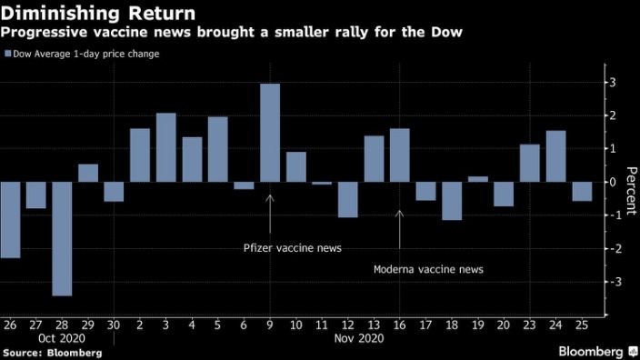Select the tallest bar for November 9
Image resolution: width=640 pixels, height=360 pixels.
270,133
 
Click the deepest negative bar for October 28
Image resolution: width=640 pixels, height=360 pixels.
62,238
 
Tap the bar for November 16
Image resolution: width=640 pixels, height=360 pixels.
400,155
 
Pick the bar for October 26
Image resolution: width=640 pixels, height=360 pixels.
10,219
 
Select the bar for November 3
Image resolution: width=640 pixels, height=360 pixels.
165,147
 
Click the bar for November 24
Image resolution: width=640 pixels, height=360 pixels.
555,156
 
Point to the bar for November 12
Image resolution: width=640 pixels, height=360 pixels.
348,199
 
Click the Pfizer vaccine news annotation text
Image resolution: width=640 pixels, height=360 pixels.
280,247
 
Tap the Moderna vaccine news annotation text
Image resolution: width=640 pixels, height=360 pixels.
429,269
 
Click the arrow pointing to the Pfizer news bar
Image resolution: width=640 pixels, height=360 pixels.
270,211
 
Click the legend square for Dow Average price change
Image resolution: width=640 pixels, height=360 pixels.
8,54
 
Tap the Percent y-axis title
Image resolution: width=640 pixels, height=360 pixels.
628,182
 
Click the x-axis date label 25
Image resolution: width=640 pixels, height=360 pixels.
581,325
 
